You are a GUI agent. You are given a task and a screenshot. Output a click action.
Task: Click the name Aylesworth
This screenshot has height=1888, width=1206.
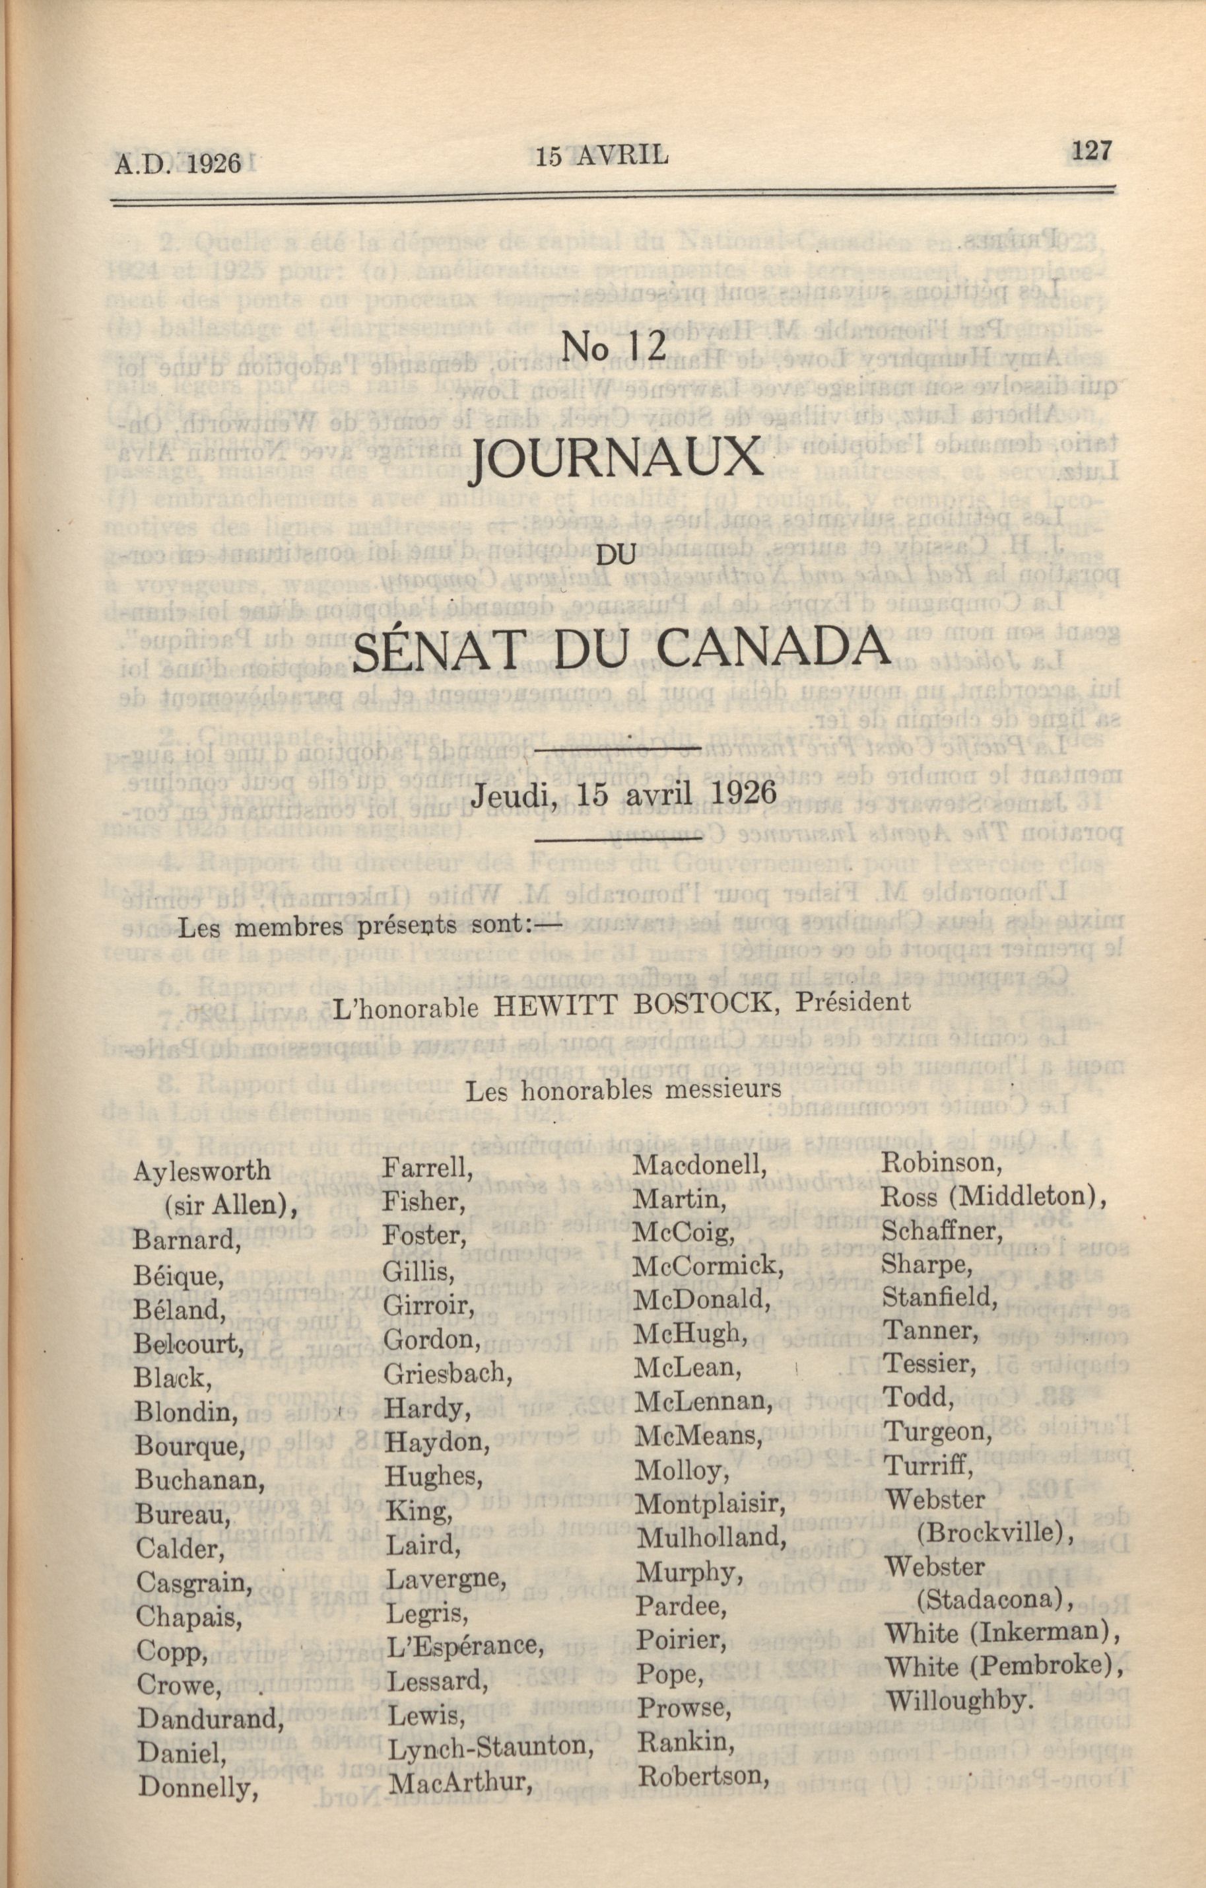pyautogui.click(x=202, y=1171)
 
